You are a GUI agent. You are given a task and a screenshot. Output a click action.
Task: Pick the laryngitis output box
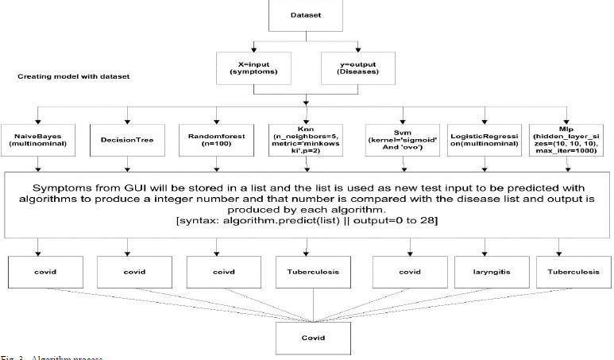click(x=482, y=272)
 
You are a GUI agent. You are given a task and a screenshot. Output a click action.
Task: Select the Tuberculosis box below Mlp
click(x=569, y=272)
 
